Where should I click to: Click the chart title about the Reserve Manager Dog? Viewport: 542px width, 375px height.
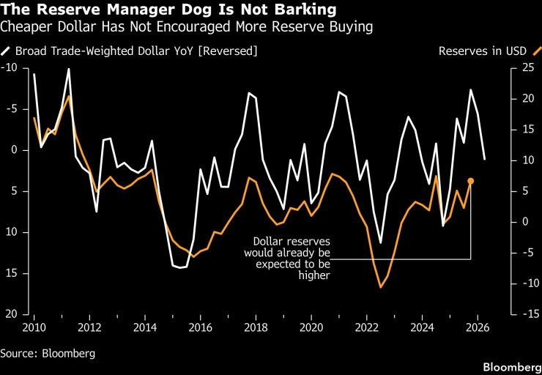pyautogui.click(x=170, y=10)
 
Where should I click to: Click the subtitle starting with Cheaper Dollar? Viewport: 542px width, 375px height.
pyautogui.click(x=187, y=28)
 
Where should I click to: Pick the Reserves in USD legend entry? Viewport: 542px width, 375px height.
pyautogui.click(x=483, y=51)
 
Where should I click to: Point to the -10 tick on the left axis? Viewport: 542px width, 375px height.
pyautogui.click(x=10, y=68)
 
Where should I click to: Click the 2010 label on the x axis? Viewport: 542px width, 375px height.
pyautogui.click(x=34, y=327)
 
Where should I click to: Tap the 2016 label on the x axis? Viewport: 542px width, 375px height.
pyautogui.click(x=200, y=327)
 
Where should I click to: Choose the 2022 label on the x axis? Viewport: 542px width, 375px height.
pyautogui.click(x=366, y=327)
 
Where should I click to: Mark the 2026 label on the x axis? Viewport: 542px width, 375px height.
pyautogui.click(x=477, y=327)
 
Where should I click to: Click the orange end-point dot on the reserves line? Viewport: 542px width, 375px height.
pyautogui.click(x=471, y=181)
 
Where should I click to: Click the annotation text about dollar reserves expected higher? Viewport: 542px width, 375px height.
pyautogui.click(x=292, y=258)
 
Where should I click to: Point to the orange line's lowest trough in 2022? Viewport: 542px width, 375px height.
pyautogui.click(x=381, y=287)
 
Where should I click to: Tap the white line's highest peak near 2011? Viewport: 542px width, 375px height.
pyautogui.click(x=69, y=70)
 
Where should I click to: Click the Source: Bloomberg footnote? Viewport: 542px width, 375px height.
pyautogui.click(x=48, y=353)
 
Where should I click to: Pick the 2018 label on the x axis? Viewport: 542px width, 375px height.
pyautogui.click(x=256, y=327)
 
